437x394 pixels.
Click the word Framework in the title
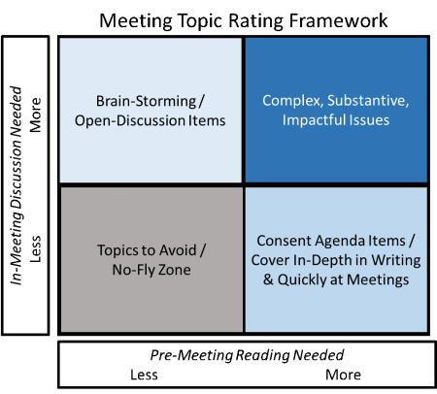(338, 20)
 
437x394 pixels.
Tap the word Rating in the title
(256, 21)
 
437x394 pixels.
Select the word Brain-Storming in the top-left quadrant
(146, 101)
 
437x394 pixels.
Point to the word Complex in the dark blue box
(292, 101)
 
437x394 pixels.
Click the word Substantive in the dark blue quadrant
(368, 100)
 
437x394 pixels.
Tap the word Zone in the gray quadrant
(176, 270)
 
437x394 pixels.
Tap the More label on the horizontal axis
(343, 375)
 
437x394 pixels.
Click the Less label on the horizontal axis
(144, 375)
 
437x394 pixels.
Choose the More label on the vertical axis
(36, 115)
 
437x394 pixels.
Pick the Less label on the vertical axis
(36, 249)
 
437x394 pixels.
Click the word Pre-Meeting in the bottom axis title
(191, 355)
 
